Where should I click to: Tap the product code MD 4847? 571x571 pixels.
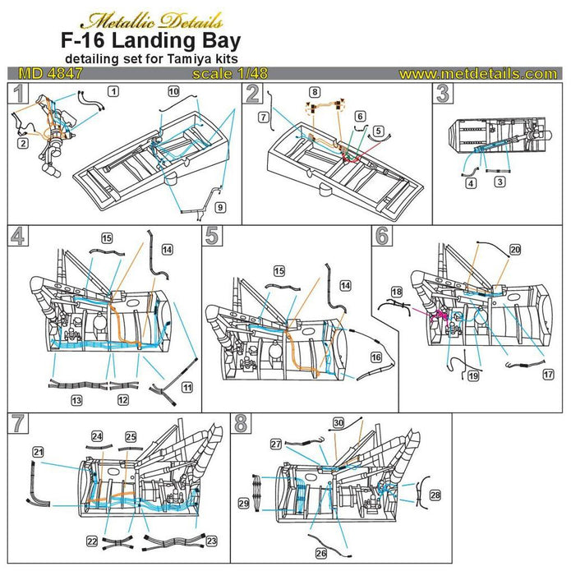tap(40, 73)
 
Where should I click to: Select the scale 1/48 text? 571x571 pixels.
tap(237, 73)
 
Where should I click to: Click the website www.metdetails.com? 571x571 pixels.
tap(477, 73)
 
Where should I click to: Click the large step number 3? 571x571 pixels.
tap(444, 94)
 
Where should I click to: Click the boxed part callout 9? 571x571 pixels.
tap(219, 205)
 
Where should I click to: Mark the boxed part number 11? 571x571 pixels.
tap(188, 387)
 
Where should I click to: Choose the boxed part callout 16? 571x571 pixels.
tap(375, 359)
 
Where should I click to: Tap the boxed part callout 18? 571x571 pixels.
tap(396, 292)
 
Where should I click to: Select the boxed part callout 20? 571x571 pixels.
tap(515, 248)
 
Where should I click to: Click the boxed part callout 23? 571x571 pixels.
tap(211, 541)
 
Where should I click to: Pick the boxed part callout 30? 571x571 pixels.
tap(338, 422)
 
